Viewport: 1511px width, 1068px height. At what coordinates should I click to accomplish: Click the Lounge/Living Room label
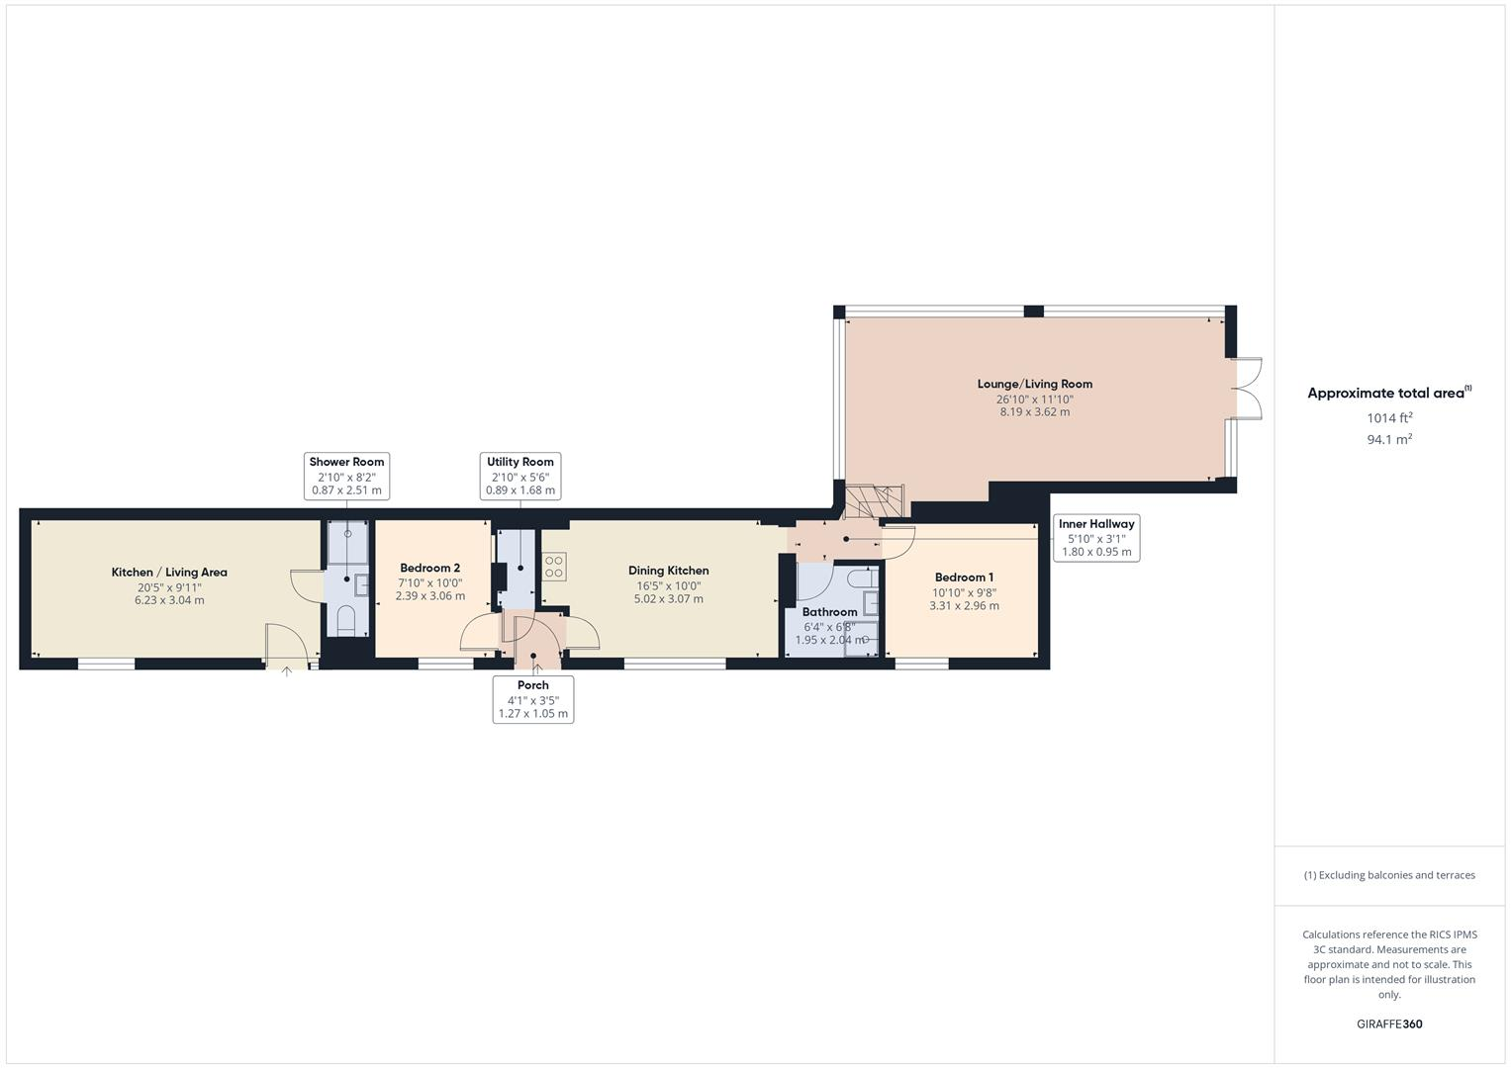(1034, 384)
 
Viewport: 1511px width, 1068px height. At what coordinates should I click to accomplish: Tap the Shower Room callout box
(346, 476)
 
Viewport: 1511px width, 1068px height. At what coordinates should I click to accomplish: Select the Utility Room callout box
(520, 476)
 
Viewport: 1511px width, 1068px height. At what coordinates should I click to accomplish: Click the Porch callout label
(532, 699)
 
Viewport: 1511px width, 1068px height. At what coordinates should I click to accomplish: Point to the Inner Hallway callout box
(1096, 538)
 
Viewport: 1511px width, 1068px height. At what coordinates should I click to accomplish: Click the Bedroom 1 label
(964, 578)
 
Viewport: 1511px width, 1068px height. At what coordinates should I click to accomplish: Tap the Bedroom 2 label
(429, 569)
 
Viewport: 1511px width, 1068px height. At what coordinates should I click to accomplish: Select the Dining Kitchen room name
(668, 571)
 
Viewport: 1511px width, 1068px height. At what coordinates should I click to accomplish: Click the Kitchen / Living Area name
(169, 573)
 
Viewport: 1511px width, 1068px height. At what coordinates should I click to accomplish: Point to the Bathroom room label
(829, 612)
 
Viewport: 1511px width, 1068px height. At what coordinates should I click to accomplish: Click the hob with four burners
(554, 567)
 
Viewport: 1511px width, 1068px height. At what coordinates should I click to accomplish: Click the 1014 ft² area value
(1389, 418)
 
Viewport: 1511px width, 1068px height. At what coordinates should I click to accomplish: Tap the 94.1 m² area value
(1389, 440)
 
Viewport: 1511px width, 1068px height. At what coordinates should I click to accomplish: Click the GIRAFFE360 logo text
(1389, 1023)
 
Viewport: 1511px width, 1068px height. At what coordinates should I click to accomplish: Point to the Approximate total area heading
(1387, 394)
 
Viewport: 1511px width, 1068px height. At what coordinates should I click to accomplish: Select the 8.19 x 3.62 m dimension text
(1034, 412)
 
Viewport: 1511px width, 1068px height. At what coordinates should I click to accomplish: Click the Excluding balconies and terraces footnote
(1389, 875)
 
